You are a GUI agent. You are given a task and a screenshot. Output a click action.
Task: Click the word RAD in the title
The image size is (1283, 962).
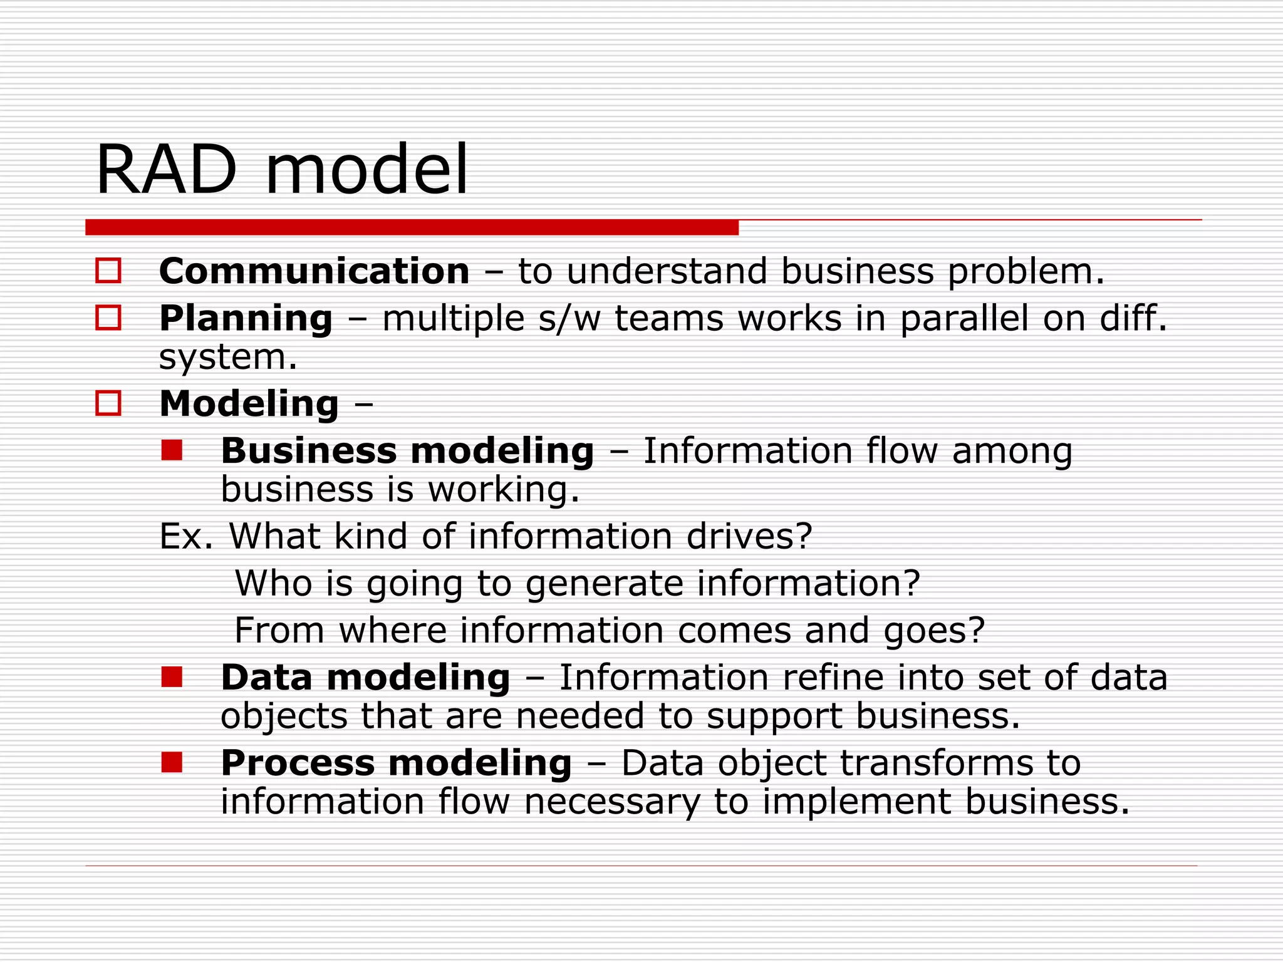(167, 170)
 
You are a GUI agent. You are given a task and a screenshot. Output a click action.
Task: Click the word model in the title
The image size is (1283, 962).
(366, 170)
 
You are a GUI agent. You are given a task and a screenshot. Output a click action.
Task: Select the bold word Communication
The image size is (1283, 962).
(314, 272)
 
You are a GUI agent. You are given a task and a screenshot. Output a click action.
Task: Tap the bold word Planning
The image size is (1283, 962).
(246, 319)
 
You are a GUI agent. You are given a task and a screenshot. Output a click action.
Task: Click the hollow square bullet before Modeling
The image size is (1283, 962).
(108, 403)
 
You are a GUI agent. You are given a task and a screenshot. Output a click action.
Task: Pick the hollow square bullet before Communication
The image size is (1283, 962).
(108, 271)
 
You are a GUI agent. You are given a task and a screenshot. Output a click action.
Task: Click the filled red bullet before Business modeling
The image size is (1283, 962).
(172, 450)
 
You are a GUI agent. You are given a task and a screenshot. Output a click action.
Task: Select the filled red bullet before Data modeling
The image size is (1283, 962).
(172, 677)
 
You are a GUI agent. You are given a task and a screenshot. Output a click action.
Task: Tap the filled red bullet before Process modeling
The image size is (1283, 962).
(172, 762)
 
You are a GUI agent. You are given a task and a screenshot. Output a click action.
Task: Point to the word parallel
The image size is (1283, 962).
(964, 319)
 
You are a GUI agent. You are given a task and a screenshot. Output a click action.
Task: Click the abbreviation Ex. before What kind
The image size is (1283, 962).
(186, 537)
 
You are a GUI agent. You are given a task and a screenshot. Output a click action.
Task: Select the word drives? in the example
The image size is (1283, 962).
(749, 537)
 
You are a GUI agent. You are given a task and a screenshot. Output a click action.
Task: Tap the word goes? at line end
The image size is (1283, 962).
(934, 631)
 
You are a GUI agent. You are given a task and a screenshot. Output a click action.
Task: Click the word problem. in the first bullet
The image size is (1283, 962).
(1026, 272)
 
